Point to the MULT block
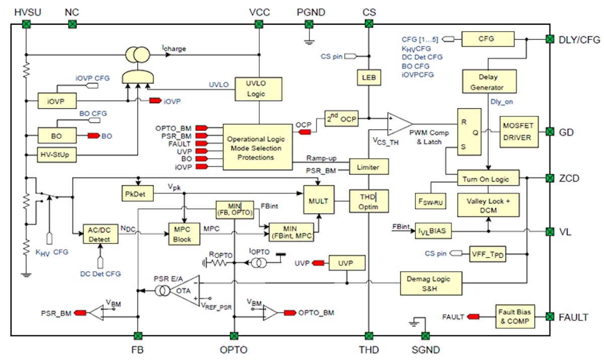tap(319, 200)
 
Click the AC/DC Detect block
tap(100, 233)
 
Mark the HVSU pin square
tap(25, 24)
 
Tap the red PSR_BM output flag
tap(80, 313)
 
